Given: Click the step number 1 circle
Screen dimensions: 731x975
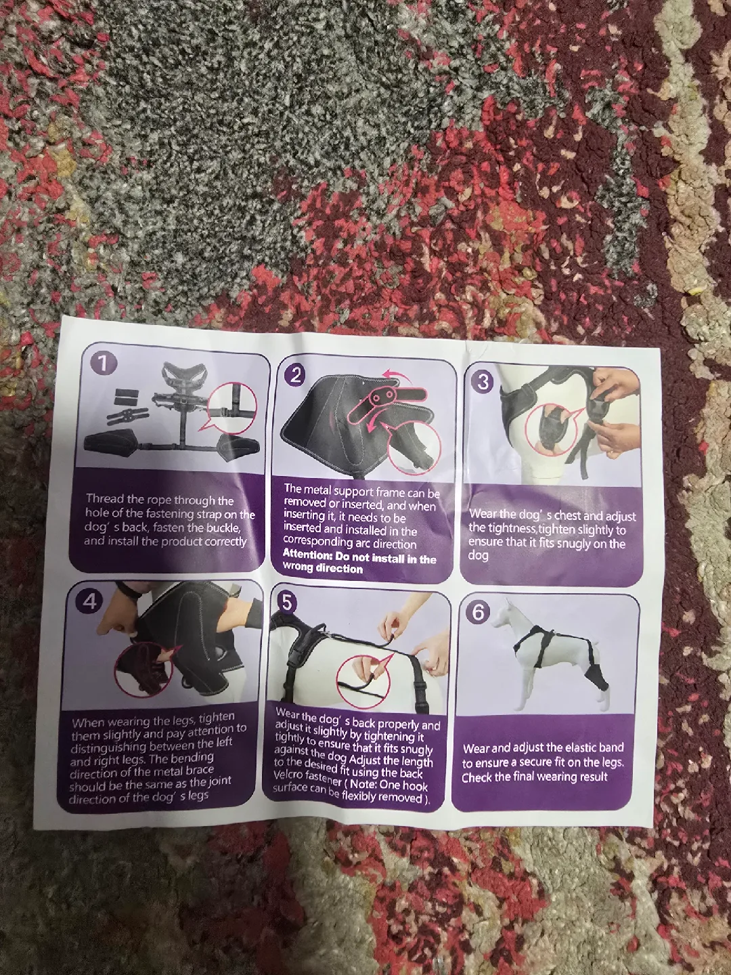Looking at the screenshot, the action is (103, 363).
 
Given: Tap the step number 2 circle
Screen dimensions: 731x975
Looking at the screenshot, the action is (296, 375).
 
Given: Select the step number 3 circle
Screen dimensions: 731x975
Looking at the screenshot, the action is (483, 381).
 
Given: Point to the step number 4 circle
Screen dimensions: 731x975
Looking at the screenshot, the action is (90, 601).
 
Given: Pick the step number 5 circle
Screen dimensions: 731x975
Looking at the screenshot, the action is (288, 602).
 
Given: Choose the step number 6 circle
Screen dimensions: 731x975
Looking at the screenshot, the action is (479, 612).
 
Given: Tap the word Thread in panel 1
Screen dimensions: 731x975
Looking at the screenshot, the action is (105, 500).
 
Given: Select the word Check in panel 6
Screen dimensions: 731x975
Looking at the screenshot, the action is (477, 777).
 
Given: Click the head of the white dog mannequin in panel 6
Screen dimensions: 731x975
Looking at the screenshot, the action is (504, 609).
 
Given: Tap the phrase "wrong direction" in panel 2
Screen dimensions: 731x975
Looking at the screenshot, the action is (323, 569).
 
